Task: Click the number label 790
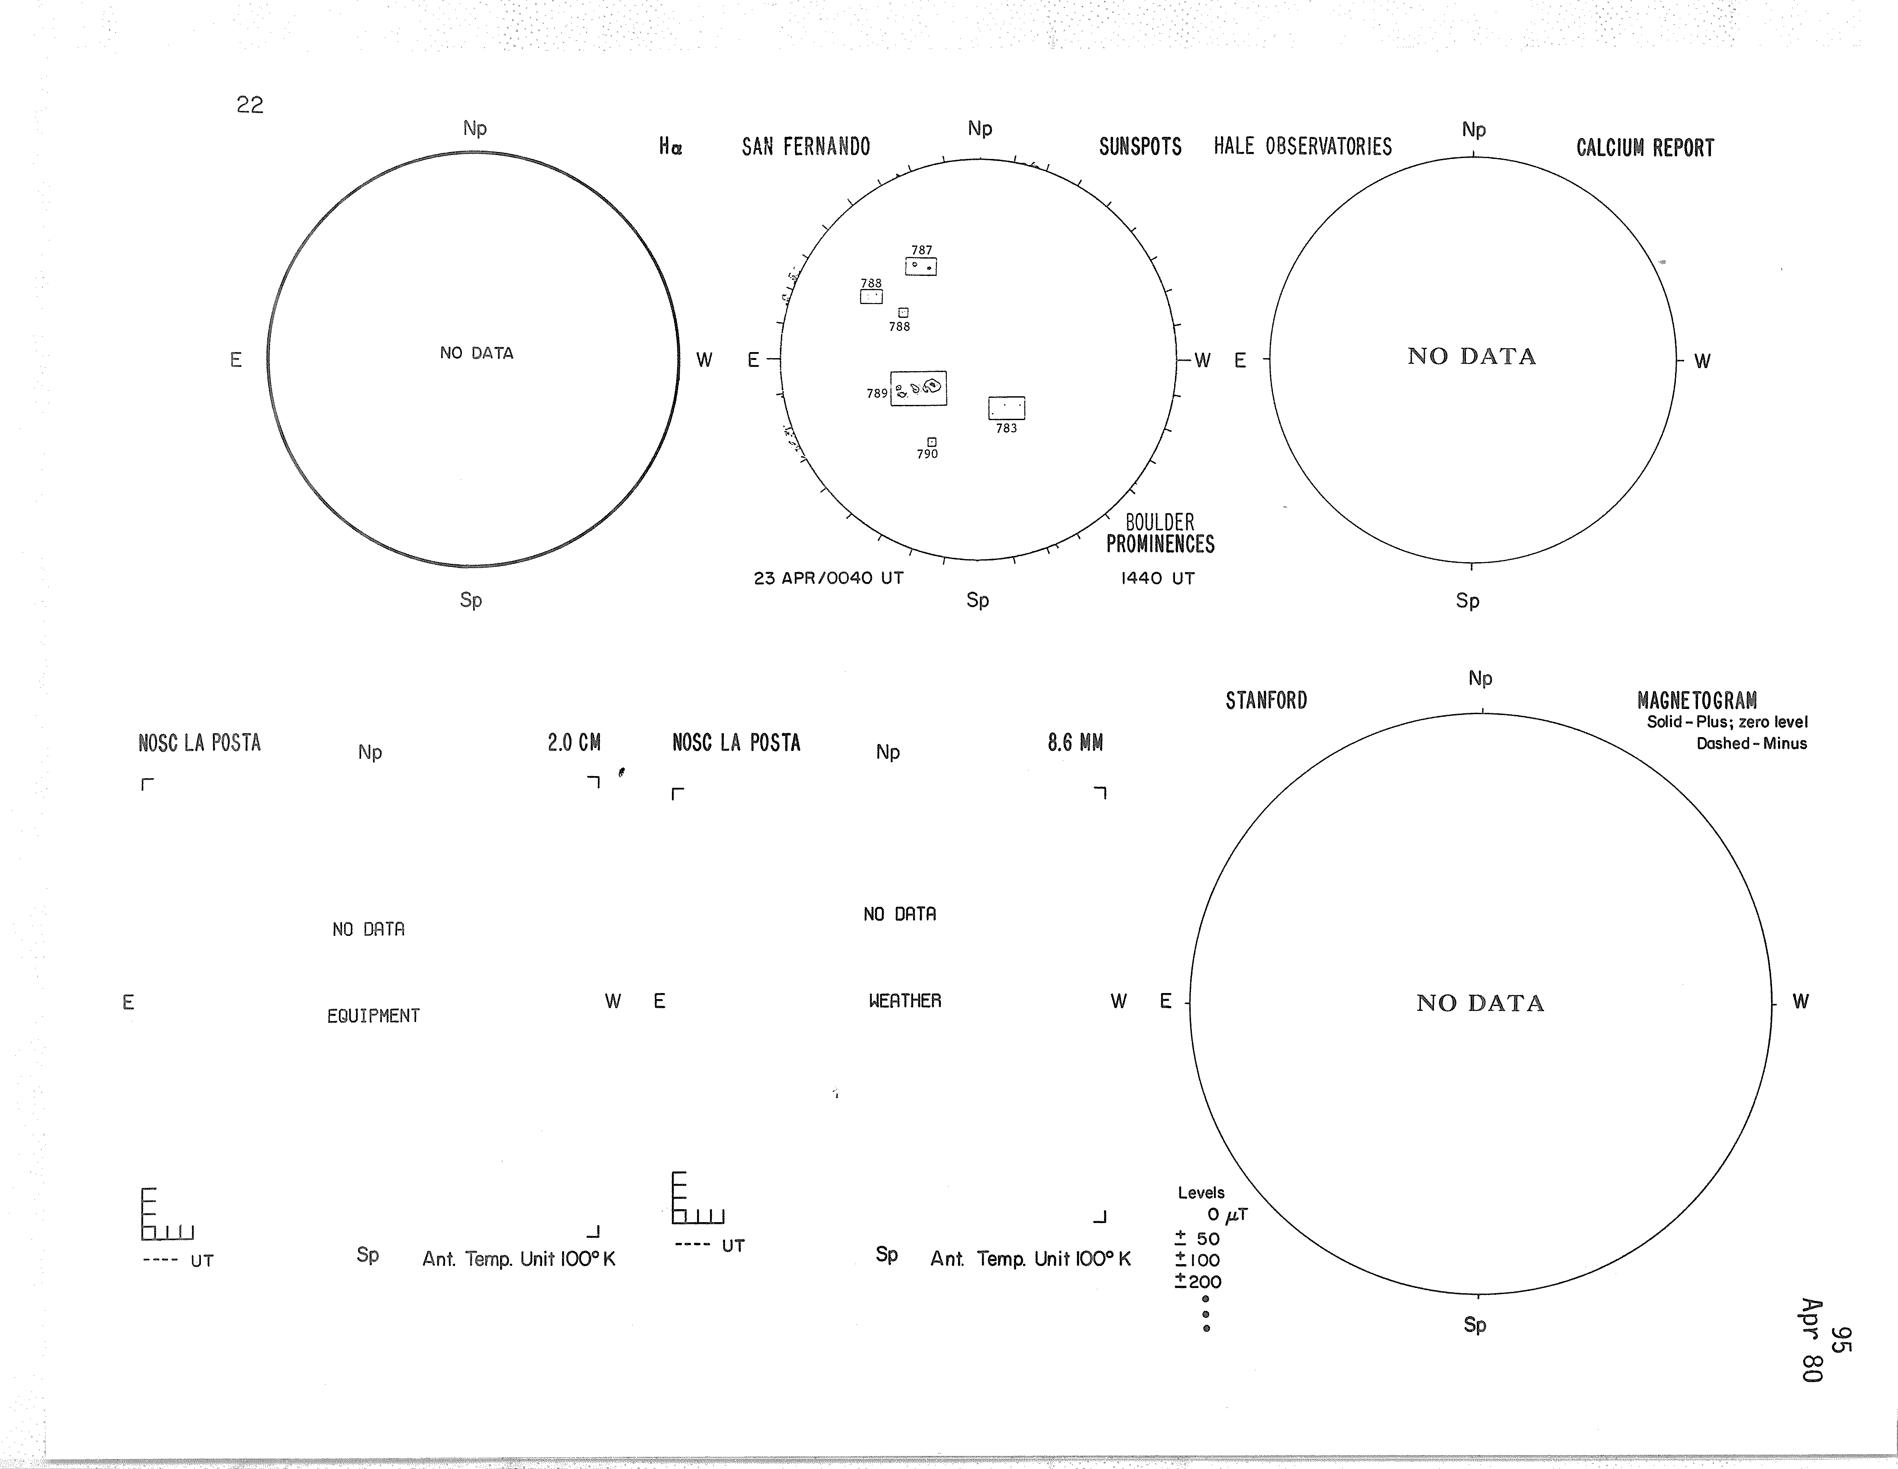coord(927,454)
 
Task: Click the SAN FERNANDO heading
coord(806,147)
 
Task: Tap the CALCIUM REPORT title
coord(1645,148)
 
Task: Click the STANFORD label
coord(1266,701)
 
